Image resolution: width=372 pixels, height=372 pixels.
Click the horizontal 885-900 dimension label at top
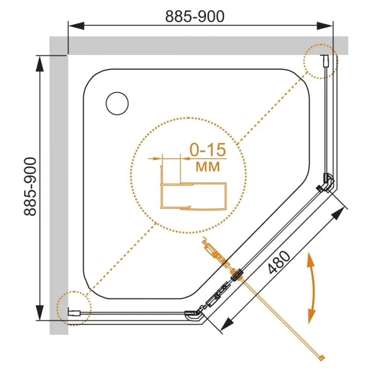tap(195, 16)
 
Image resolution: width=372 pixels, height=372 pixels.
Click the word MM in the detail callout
tap(208, 166)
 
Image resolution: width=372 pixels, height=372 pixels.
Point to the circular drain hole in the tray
tap(117, 103)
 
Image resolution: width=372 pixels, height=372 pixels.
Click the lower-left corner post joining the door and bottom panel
tap(193, 315)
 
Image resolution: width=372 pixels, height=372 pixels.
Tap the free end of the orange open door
tap(322, 358)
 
